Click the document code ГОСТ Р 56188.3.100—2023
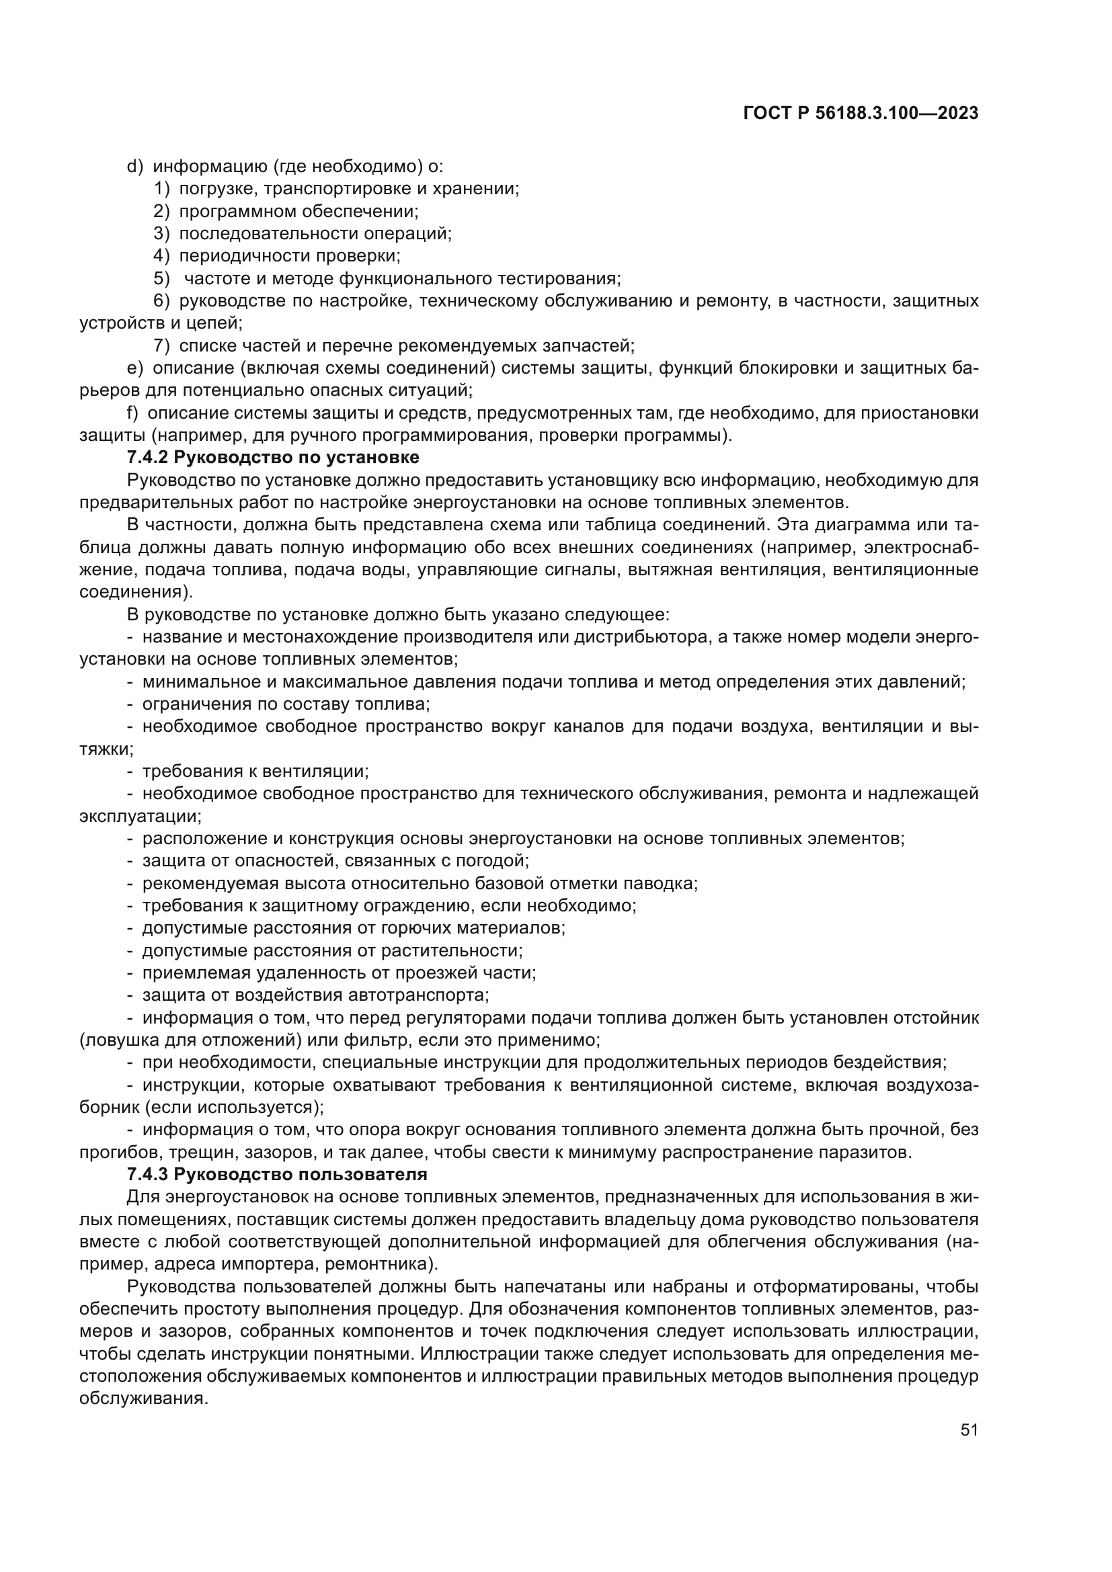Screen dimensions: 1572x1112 861,114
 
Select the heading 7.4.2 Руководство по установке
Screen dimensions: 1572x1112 273,456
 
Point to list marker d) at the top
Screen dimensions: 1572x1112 135,167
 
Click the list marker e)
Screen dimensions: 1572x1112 135,368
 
